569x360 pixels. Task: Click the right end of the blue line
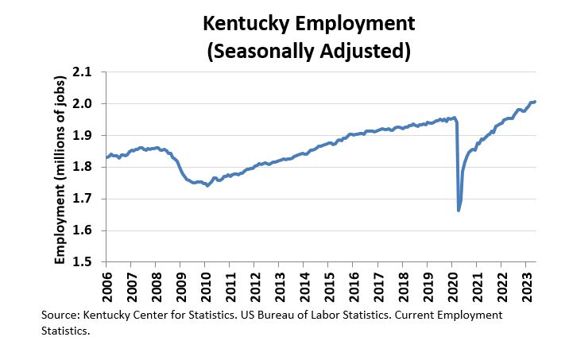click(x=535, y=102)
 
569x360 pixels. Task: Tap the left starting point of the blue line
click(x=107, y=157)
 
